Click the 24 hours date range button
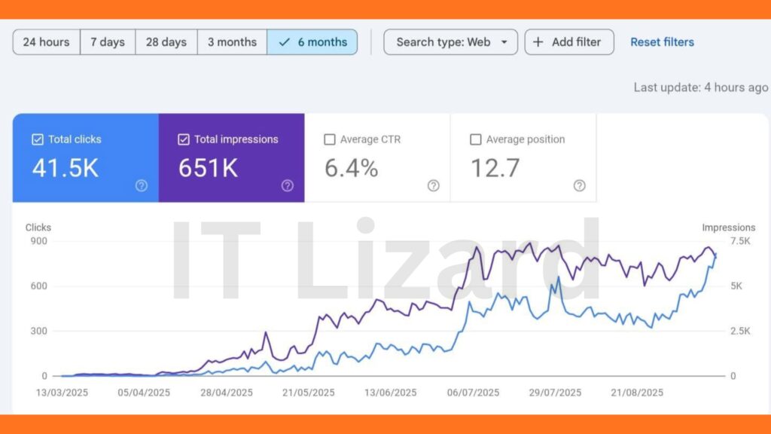(46, 42)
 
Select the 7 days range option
(108, 42)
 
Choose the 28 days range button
(166, 42)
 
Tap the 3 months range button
(232, 42)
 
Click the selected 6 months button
(312, 42)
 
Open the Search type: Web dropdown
(450, 42)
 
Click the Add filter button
(569, 42)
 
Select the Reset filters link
(662, 42)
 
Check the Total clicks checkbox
(38, 139)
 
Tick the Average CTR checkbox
(329, 139)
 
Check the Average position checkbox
(475, 139)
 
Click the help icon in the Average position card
(579, 185)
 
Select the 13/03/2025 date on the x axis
(62, 393)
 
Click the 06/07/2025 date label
(473, 393)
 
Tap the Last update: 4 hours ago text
(700, 87)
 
